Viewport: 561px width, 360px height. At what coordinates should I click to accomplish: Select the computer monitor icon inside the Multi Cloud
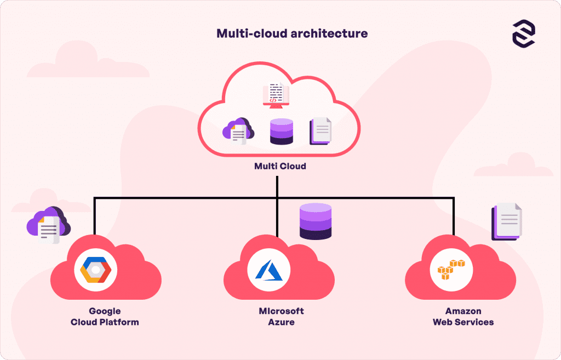coord(276,95)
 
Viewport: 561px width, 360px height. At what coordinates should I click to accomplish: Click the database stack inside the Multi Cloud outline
coord(281,132)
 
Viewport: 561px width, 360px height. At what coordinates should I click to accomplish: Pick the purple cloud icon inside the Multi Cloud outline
coord(238,130)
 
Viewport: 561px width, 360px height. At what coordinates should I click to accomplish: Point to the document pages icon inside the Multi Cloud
coord(320,132)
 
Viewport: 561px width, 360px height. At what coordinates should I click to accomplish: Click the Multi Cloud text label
coord(280,166)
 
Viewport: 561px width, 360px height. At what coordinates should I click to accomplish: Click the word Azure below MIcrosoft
coord(281,322)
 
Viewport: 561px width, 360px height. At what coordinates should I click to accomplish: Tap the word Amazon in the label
coord(463,311)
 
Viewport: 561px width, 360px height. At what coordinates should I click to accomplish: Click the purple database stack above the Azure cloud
coord(316,221)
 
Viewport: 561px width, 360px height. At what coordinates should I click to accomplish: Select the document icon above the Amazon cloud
coord(507,221)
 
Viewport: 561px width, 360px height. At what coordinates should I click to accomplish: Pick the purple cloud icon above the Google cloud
coord(49,225)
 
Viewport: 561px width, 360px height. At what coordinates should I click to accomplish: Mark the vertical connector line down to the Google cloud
coord(95,216)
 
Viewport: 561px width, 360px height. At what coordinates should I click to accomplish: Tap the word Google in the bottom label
coord(105,311)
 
